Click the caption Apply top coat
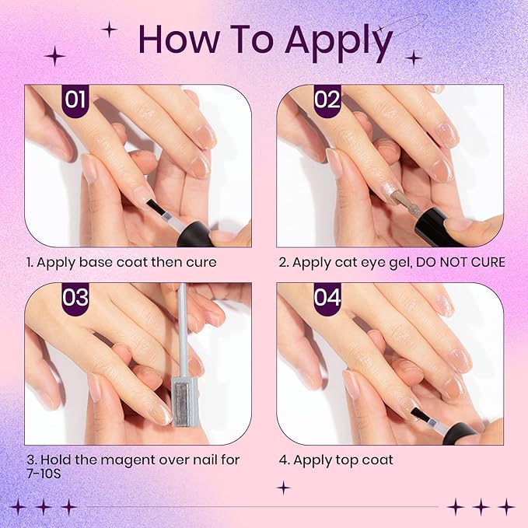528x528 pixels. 342,460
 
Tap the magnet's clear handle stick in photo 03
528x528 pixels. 184,327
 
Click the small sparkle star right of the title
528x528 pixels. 414,57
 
